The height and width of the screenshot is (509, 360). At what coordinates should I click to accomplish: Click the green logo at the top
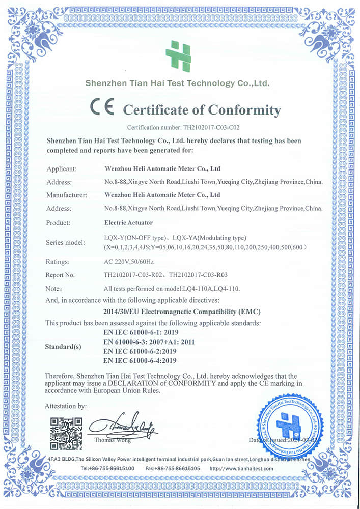click(x=178, y=56)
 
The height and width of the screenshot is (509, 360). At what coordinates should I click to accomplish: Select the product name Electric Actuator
click(x=128, y=222)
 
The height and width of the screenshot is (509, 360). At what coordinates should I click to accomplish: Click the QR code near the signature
click(x=66, y=433)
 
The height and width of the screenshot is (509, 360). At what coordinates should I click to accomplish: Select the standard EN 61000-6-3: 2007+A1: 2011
click(x=149, y=342)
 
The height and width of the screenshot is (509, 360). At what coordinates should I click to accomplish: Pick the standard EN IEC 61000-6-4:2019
click(x=140, y=360)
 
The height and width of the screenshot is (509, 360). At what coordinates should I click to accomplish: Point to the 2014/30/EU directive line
click(x=183, y=310)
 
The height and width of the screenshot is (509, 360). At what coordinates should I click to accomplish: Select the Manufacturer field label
click(x=67, y=195)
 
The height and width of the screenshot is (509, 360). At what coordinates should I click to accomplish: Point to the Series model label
click(x=67, y=242)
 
